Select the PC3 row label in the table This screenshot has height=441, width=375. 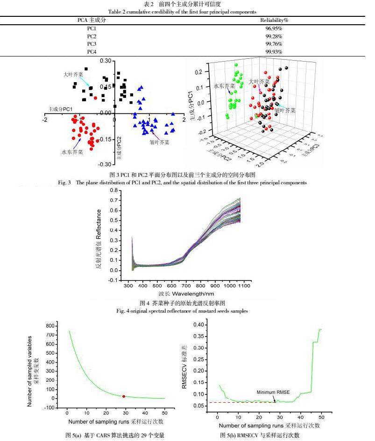(92, 44)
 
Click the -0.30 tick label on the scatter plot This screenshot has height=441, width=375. (105, 164)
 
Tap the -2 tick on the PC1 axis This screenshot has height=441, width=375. (45, 119)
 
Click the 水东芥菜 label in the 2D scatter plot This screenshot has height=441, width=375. (72, 152)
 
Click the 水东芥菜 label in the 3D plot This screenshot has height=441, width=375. (224, 86)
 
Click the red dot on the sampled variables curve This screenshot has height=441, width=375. (124, 396)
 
